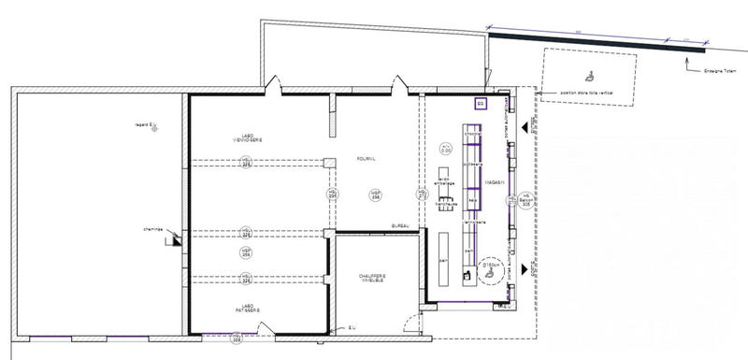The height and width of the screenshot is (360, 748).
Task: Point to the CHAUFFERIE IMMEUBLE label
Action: click(371, 280)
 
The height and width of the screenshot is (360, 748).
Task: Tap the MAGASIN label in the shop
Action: click(494, 183)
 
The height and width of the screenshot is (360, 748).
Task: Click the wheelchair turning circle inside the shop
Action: click(492, 272)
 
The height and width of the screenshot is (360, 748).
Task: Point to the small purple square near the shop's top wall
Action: click(482, 103)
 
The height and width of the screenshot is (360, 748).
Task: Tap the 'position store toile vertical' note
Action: click(586, 94)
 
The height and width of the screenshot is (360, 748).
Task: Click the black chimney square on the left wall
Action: click(177, 240)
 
